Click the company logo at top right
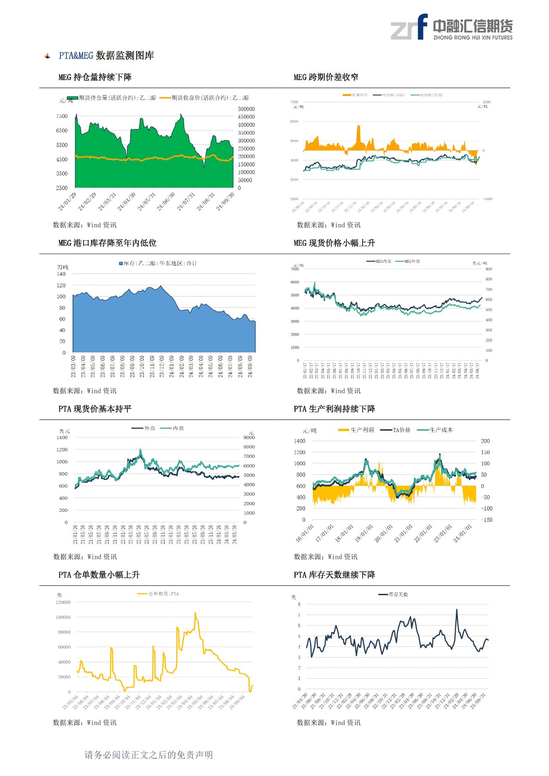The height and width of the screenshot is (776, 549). (451, 27)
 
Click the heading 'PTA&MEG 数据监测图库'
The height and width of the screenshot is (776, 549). (106, 56)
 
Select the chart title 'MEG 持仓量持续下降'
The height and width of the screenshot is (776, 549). (95, 77)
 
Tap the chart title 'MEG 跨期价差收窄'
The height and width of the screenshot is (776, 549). (326, 77)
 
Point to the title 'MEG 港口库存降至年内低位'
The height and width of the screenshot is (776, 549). (107, 243)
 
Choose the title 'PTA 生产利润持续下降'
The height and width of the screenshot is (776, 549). (334, 409)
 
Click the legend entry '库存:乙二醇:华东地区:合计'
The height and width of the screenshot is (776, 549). (158, 263)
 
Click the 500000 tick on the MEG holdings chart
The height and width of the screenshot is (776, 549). (246, 109)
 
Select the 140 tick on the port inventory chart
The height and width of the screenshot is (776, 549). (61, 274)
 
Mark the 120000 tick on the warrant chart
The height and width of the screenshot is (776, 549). (63, 602)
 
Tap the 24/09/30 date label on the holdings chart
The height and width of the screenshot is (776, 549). (226, 201)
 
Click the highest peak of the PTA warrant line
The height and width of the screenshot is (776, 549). (195, 613)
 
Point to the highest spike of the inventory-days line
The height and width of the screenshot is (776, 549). (457, 610)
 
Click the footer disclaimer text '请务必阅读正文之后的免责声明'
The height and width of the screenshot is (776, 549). (149, 755)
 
